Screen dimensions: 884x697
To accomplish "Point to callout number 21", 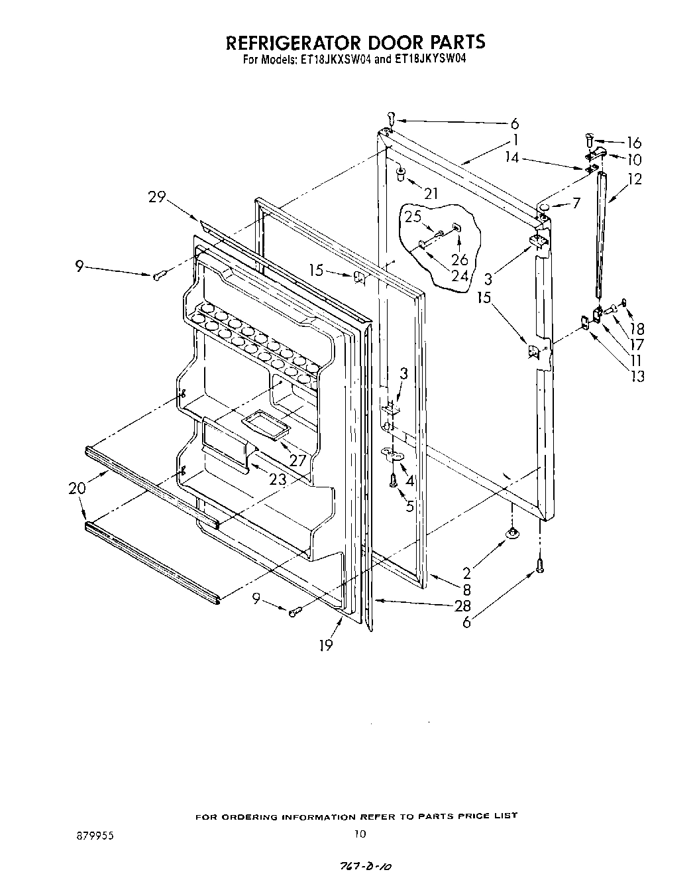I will point(431,193).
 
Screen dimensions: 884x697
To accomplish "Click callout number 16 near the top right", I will point(633,142).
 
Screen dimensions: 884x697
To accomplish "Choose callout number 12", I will point(635,178).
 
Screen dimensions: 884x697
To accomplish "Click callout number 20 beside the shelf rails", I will point(77,488).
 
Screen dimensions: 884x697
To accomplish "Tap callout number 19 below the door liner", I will point(325,645).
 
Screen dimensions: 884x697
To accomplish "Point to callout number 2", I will point(466,574).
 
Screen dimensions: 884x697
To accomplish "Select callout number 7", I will point(576,203).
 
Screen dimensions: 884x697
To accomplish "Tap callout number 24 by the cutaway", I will point(459,276).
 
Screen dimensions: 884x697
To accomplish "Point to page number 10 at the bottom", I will point(359,834).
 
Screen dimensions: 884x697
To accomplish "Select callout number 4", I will point(409,481).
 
